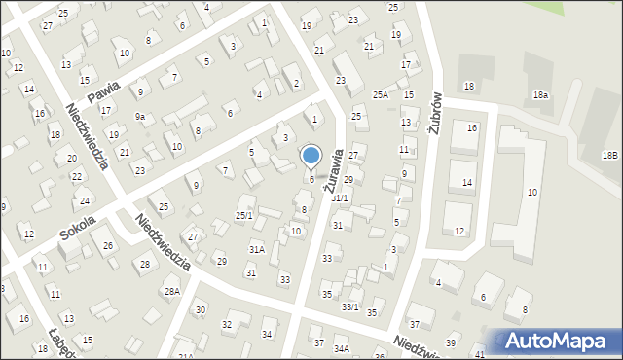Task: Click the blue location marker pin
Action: coord(311,157)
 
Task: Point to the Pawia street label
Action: coord(101,93)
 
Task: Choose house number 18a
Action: coord(540,94)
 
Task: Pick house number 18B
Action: coord(609,156)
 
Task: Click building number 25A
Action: coord(381,94)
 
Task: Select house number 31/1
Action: coord(340,198)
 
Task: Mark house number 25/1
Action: coord(244,215)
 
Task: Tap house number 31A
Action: coord(256,249)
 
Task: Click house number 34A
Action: coord(342,347)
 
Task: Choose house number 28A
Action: coord(171,291)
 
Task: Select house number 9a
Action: coord(140,117)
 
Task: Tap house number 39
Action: coord(451,343)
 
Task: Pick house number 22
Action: coord(77,177)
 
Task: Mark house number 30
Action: coord(200,309)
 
